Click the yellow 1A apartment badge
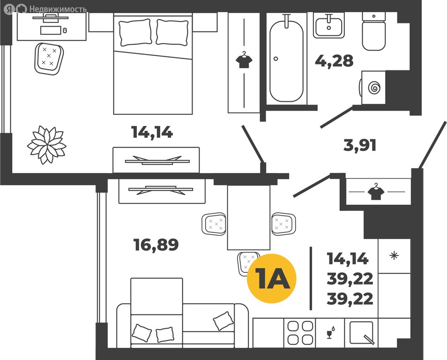coord(271,278)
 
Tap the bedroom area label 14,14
coord(152,132)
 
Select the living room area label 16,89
coord(156,245)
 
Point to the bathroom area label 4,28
coord(334,61)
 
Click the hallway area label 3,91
coord(360,145)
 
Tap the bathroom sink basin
coord(329,26)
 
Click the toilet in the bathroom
coord(374,31)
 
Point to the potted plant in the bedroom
coord(47,145)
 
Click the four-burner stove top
coord(300,333)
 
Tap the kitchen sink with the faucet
coord(361,333)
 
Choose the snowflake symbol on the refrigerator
coord(394,255)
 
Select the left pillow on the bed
coord(135,32)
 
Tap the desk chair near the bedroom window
coord(49,59)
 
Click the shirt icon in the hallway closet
coord(376,192)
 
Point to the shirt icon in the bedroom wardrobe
coord(244,60)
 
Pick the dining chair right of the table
coord(283,224)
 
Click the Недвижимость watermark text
coord(58,9)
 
